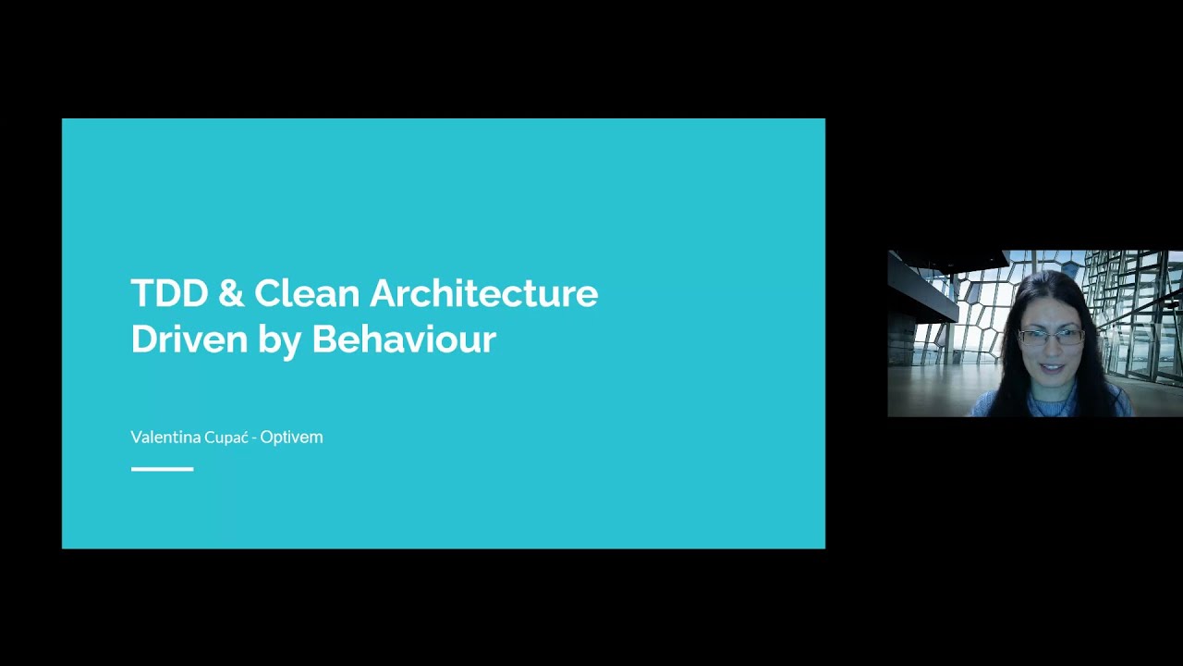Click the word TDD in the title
tap(169, 293)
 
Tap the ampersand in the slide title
tap(231, 293)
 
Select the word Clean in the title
tap(308, 293)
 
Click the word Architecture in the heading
tap(483, 293)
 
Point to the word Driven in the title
tap(189, 339)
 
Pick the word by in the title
tap(280, 341)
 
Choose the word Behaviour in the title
tap(404, 339)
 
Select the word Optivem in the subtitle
tap(291, 438)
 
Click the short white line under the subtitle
tap(163, 469)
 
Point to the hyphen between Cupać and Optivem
tap(254, 438)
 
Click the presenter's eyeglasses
tap(1051, 338)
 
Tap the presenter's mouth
tap(1052, 367)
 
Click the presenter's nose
tap(1052, 350)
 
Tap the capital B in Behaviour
tap(324, 339)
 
